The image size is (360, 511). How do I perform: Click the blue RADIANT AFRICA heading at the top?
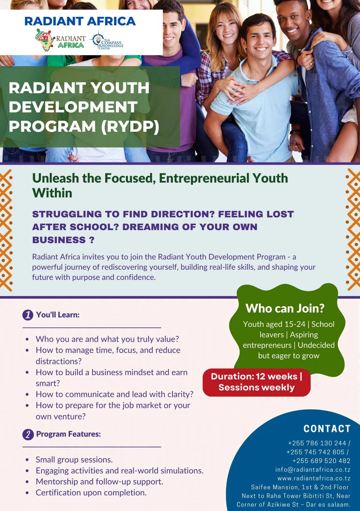coord(80,21)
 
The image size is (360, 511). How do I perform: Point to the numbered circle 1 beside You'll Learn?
coord(28,315)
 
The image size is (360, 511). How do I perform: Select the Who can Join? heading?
coord(285,308)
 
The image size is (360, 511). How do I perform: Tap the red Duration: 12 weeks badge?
coord(257,382)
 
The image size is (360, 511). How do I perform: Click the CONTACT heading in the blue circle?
coord(327,429)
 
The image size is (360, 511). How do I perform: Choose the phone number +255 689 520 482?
coord(321,461)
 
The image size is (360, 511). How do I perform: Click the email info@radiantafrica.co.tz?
coord(313,469)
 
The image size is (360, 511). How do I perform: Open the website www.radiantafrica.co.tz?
coord(314,478)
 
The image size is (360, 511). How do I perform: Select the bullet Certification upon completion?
coord(91,492)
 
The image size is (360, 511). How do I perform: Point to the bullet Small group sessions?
coord(74,460)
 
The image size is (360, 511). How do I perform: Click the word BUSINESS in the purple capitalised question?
coord(59,240)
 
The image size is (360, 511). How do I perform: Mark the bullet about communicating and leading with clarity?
coord(115,394)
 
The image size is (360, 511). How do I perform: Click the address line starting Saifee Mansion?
coord(300,487)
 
